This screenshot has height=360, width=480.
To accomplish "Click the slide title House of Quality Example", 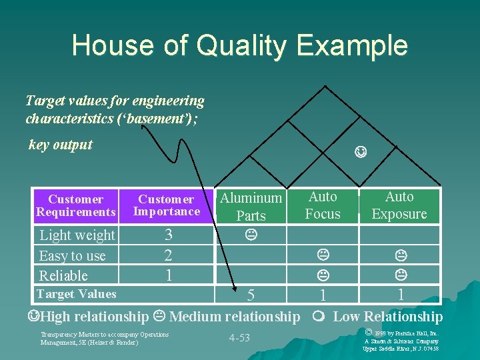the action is pos(239,45).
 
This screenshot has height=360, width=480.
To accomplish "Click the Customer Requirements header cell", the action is pos(76,205).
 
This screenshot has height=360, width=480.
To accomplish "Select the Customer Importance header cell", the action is pos(166,205).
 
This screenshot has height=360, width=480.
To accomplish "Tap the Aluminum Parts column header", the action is pos(251,207).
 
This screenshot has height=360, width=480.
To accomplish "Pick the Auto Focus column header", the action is pos(323,205).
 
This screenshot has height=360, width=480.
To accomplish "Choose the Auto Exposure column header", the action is pos(399,205).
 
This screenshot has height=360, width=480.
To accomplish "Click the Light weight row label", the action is pos(77,235).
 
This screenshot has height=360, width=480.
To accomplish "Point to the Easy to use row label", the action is pos(72,255).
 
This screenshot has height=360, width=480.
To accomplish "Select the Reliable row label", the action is pos(63,275).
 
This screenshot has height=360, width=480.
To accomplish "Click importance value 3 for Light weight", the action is pos(169,235).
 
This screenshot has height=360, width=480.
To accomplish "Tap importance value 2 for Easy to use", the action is pos(168,255).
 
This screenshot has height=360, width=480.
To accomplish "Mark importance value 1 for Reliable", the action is pos(169,275).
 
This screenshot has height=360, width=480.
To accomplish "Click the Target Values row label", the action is pos(76,294).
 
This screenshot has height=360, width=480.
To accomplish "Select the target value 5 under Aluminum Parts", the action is pos(251,295).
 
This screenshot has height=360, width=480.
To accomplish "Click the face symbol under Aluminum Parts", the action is pos(251,235).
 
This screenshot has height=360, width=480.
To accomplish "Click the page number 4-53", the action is pos(239,338).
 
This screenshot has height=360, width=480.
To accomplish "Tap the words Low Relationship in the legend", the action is pos(387,317).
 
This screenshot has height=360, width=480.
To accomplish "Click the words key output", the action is pos(61,145).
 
